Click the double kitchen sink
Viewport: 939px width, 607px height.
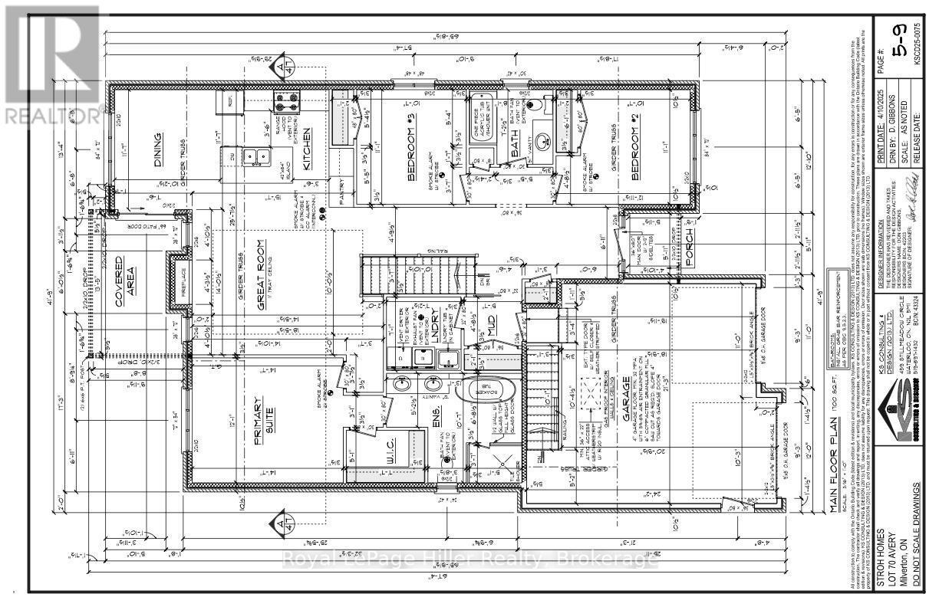coord(255,159)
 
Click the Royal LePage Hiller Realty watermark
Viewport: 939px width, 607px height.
coord(470,560)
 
